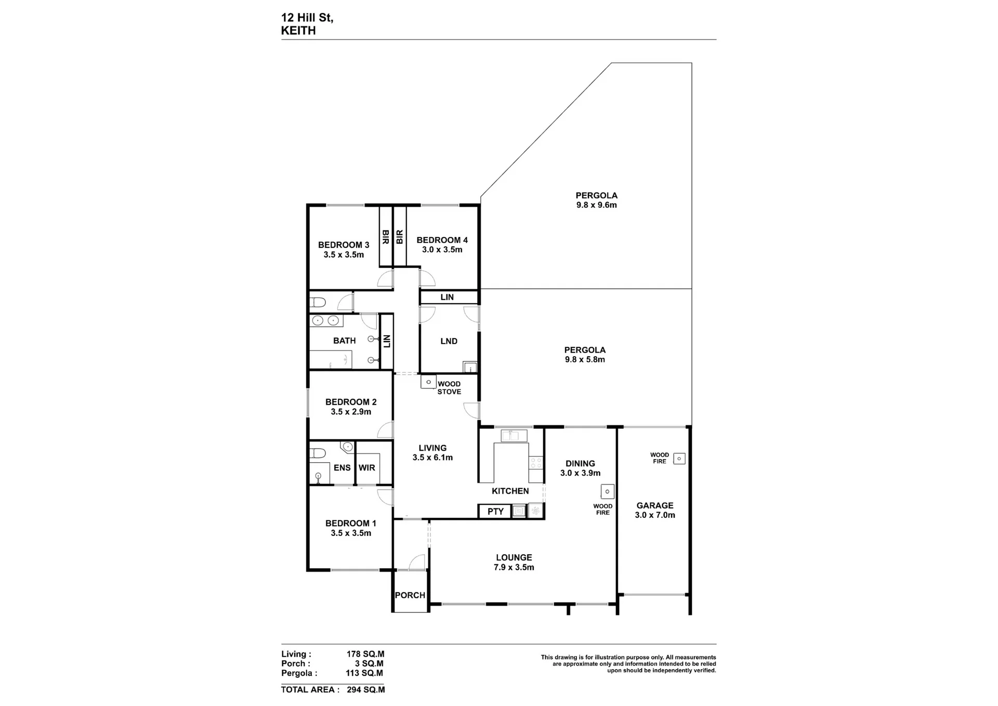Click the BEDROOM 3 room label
click(x=344, y=245)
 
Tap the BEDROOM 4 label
click(x=442, y=240)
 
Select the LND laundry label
click(x=449, y=342)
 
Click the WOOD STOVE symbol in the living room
click(x=428, y=382)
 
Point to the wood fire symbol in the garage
click(x=679, y=459)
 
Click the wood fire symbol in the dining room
click(x=607, y=491)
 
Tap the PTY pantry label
click(x=495, y=512)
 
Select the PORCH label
click(x=410, y=595)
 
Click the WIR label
click(x=366, y=468)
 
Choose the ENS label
click(x=342, y=468)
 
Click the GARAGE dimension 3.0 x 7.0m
click(x=655, y=515)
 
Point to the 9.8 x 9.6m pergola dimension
click(x=596, y=205)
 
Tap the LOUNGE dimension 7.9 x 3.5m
click(x=514, y=567)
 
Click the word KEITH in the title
click(x=298, y=31)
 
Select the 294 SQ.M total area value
click(x=366, y=690)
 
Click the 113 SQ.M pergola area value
click(x=364, y=673)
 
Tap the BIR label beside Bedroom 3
click(x=386, y=237)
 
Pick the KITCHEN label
click(x=510, y=491)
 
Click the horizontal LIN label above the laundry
click(x=447, y=297)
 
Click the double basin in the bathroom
click(x=326, y=321)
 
